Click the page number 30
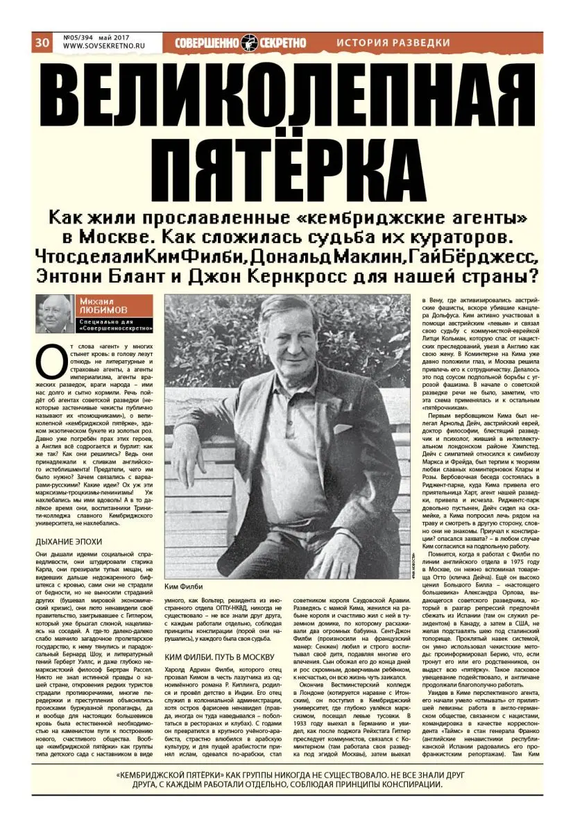[42, 43]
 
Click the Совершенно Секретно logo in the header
[240, 42]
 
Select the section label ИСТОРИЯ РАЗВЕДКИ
[393, 42]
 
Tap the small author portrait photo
[55, 314]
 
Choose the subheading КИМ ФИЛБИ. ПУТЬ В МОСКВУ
[220, 657]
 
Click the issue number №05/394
[80, 37]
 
